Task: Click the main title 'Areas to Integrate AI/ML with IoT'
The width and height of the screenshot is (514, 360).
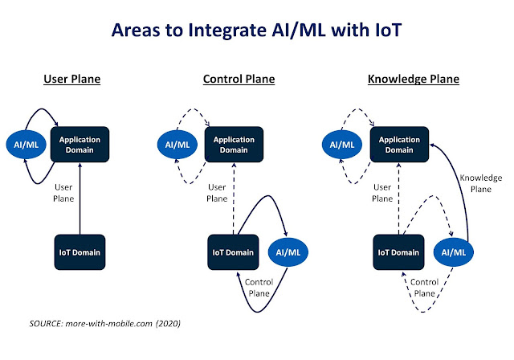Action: [256, 31]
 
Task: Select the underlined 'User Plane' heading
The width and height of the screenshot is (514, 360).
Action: [72, 79]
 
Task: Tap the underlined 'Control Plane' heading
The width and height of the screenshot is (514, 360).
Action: [239, 79]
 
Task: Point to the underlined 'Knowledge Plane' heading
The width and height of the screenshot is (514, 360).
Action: [414, 79]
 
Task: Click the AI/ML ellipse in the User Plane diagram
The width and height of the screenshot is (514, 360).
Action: [27, 145]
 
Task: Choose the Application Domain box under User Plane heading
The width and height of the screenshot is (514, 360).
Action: [80, 145]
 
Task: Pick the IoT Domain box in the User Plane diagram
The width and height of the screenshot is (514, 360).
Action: [80, 252]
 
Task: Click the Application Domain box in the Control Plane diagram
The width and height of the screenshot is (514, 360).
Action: [234, 145]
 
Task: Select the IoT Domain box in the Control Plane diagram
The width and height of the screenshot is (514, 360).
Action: [233, 252]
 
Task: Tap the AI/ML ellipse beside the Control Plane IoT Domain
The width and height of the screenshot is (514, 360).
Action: [288, 252]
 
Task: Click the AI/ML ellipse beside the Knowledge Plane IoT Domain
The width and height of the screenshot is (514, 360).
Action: [453, 252]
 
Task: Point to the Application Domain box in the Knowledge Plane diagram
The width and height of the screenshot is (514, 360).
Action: [399, 145]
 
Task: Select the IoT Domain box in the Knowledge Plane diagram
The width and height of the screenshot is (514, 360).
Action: [398, 252]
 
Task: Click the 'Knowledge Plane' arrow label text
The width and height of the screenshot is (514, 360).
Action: [481, 183]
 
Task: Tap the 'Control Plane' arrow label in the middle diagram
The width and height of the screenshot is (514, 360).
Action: [259, 288]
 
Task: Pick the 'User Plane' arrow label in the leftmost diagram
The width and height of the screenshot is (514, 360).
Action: [63, 193]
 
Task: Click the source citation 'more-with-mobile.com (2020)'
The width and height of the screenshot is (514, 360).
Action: [123, 324]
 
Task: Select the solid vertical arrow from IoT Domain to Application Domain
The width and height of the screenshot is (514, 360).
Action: [80, 198]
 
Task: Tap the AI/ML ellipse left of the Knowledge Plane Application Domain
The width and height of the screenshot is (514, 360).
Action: [342, 145]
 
